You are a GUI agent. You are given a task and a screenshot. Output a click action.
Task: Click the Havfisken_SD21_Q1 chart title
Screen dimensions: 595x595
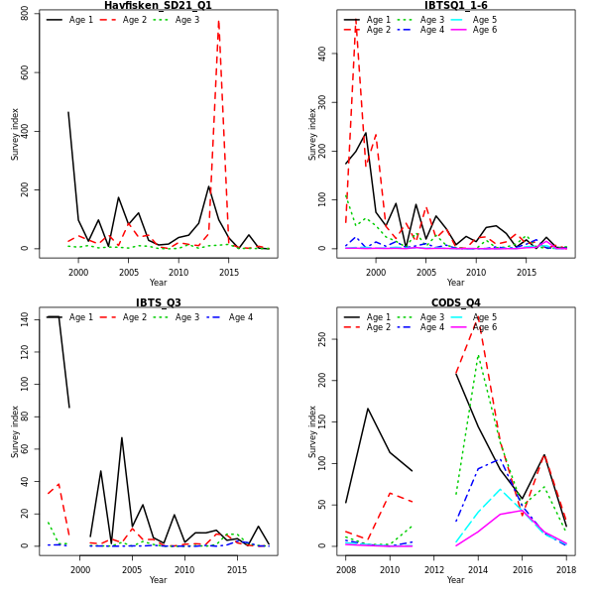pos(158,6)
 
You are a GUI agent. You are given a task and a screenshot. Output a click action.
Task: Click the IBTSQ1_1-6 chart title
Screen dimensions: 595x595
pos(455,6)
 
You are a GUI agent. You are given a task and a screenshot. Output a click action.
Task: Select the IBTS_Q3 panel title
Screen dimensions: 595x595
pos(158,302)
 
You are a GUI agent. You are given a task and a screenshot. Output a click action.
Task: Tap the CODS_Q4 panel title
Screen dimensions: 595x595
pos(455,302)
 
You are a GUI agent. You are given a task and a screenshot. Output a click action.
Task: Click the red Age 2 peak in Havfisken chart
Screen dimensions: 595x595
pos(218,22)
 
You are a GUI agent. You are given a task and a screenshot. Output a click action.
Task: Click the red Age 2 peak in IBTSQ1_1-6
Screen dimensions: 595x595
pos(355,24)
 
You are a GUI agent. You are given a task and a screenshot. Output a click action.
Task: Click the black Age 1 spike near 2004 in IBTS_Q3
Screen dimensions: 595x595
pos(122,437)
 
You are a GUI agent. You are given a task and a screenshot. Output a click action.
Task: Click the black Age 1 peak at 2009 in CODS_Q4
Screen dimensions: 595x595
pos(367,408)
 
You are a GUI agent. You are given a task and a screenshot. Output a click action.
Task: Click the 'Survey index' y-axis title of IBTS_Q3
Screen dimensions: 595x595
pos(15,430)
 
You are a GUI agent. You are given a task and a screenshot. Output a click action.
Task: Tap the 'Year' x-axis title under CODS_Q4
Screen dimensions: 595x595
pos(455,580)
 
